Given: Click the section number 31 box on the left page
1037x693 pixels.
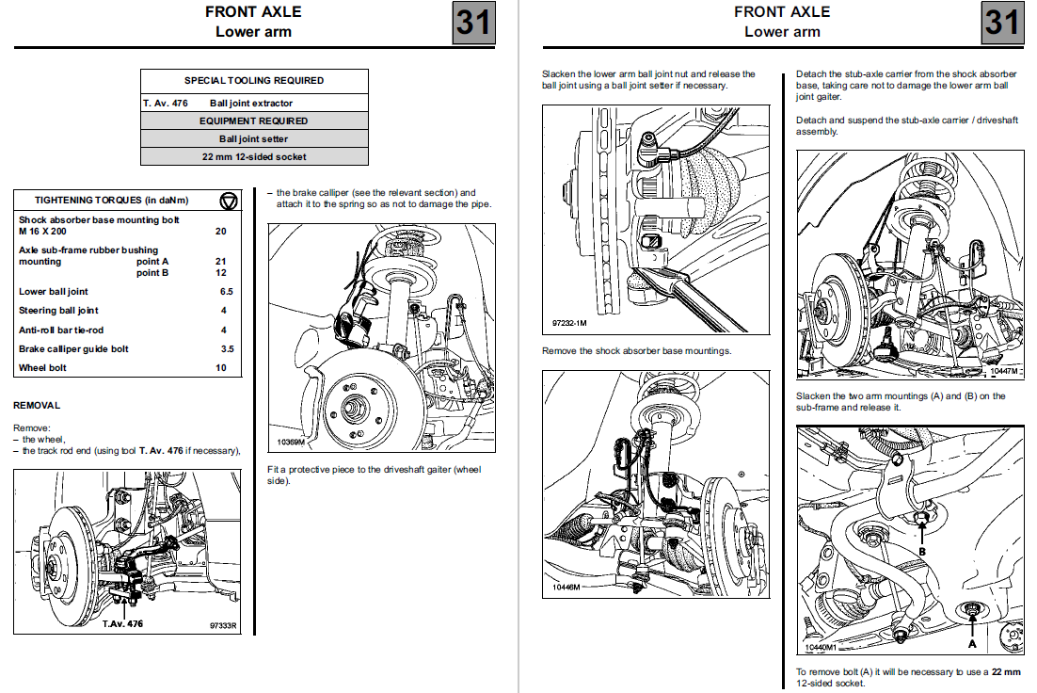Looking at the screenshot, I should coord(473,22).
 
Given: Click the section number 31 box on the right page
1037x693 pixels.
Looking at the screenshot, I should coord(1002,22).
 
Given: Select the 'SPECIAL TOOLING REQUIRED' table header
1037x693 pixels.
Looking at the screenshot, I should coord(254,81).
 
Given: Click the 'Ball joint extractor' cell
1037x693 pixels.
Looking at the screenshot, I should coord(251,103).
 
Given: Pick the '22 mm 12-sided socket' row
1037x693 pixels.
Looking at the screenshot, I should coord(254,156).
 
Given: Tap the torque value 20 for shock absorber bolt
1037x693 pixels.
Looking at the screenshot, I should coord(221,231).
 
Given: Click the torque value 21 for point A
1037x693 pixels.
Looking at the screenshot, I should coord(221,261).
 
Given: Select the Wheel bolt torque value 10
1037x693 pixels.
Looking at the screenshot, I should coord(221,368).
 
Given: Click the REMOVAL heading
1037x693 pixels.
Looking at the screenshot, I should coord(37,406).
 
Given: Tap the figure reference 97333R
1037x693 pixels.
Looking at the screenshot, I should coord(223,624).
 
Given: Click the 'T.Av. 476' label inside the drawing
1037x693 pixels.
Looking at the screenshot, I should coord(122,623).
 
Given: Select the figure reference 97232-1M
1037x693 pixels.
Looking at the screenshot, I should coord(568,323).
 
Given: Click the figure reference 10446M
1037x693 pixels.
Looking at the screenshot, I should coord(566,588).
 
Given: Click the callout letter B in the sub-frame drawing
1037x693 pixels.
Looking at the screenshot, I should coord(922,551).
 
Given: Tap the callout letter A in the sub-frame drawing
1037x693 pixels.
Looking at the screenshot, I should coord(972,644).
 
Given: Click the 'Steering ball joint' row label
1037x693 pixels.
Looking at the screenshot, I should coord(58,311).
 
